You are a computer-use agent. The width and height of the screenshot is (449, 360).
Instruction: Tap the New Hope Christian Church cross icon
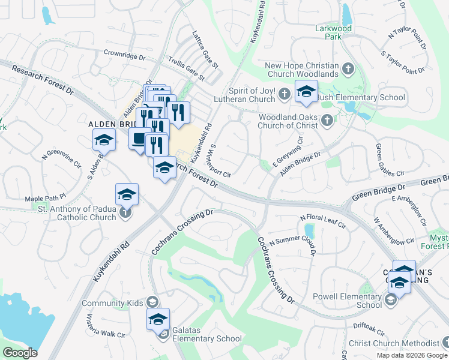click(348, 70)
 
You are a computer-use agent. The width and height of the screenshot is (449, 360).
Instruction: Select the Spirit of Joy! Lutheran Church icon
click(285, 94)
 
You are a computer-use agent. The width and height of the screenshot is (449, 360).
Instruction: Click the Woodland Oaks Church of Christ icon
click(327, 121)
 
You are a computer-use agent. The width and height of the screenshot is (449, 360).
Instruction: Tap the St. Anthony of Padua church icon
click(125, 212)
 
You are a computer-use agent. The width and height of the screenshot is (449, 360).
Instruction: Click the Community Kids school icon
click(152, 302)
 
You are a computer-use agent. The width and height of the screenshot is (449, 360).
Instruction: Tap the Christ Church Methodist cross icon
click(445, 343)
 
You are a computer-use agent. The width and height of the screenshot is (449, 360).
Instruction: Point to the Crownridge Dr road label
click(125, 53)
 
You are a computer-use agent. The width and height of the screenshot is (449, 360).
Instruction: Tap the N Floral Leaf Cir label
click(324, 221)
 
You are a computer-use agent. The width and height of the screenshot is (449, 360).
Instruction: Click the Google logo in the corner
click(20, 353)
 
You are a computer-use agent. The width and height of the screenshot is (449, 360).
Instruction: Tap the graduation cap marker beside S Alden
click(103, 140)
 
